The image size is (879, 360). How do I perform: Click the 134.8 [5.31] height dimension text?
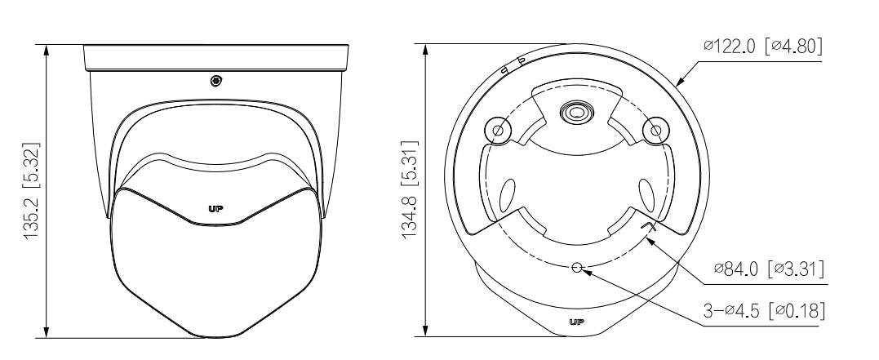[x=411, y=189]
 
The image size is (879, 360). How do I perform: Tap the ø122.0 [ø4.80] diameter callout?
[x=763, y=46]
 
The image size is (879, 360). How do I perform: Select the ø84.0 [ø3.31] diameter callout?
[x=769, y=269]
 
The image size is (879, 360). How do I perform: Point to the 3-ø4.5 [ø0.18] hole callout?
[x=764, y=309]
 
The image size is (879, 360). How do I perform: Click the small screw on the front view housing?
[x=215, y=82]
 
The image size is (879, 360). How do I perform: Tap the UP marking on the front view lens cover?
[x=215, y=209]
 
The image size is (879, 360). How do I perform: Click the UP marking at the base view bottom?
[x=577, y=322]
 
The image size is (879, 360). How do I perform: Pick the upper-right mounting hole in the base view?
[x=655, y=131]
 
